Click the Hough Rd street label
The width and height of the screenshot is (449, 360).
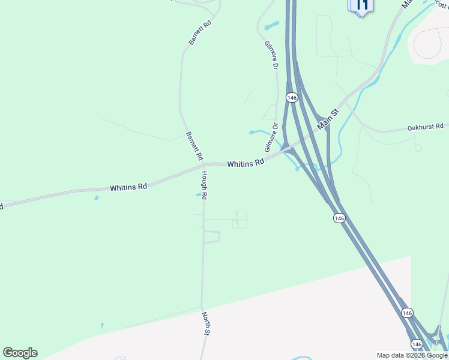coord(204,185)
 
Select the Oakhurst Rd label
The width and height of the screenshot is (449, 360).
coord(425,127)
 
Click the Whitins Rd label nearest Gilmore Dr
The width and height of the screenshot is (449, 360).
coord(246,163)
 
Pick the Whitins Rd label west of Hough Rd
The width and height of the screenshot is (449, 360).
coord(128,187)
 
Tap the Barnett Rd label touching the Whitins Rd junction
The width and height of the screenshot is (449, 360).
coord(194,146)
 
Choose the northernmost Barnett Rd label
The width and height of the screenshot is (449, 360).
coord(200,33)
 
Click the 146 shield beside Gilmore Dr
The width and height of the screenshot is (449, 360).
coord(292,98)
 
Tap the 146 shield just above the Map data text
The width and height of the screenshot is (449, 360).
coord(416,344)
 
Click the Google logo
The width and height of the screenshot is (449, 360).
coord(20,353)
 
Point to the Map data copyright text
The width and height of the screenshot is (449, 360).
coord(412,355)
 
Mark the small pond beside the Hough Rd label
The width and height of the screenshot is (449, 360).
coord(199,194)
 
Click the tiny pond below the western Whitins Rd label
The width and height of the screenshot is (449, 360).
coord(96,197)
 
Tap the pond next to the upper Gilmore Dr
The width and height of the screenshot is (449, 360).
coord(271,26)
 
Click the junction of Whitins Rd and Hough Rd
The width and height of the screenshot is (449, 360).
coord(203,164)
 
